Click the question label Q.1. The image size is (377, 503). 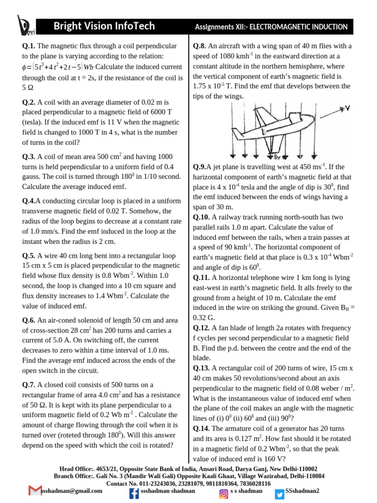(29, 46)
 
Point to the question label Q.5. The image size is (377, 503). (29, 255)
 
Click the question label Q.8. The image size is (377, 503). (199, 46)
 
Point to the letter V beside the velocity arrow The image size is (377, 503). (348, 108)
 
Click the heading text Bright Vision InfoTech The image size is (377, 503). (104, 26)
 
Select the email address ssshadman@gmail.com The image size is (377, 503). (72, 491)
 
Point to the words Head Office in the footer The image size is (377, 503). (76, 469)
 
